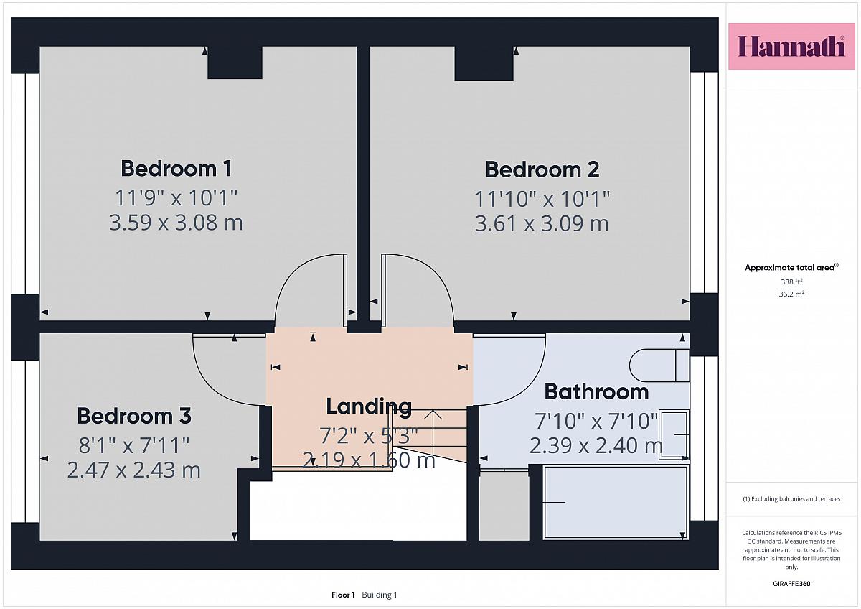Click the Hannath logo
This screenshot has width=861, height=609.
point(791,47)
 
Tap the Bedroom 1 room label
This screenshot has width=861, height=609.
point(177,169)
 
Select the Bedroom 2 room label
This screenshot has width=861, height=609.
point(542,169)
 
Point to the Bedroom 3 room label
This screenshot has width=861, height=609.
point(133,416)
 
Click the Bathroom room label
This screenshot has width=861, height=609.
point(596,391)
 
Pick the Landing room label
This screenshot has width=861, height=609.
point(369,407)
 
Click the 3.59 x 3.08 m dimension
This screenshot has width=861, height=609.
point(176,223)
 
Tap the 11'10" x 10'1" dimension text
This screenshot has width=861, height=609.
point(542,199)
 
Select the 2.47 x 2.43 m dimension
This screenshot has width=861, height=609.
point(133,470)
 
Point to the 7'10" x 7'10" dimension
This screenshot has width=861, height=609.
point(596,421)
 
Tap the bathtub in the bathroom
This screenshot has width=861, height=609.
point(616,503)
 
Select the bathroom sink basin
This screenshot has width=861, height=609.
point(674,435)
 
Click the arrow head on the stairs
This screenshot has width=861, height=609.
point(433,414)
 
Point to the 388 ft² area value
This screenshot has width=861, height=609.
point(791,282)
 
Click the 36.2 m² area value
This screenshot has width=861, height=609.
point(791,294)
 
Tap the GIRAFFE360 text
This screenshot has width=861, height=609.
point(791,584)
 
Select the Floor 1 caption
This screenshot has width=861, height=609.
point(343,595)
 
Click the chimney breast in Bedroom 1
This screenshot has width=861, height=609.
point(235,62)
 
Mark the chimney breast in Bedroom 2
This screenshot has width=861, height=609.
point(484,64)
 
